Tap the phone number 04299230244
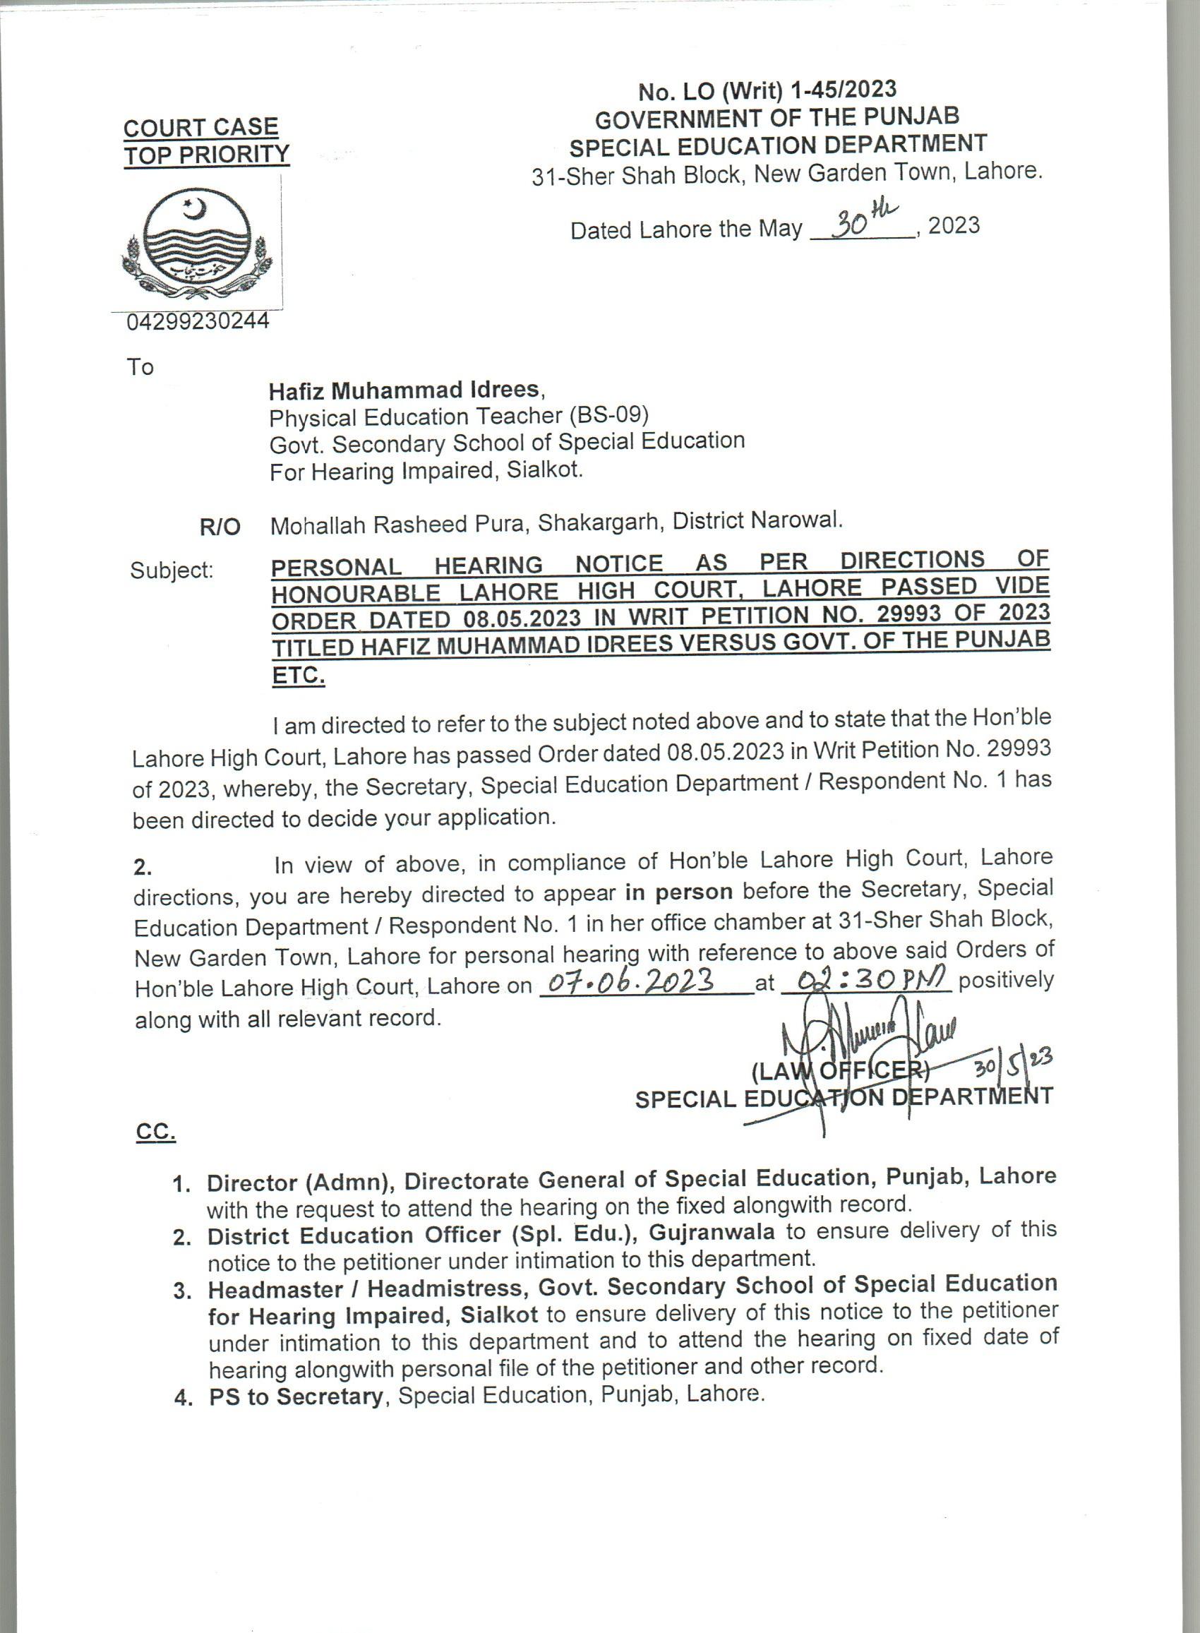pyautogui.click(x=198, y=321)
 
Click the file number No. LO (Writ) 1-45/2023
pyautogui.click(x=767, y=91)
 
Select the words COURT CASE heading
pyautogui.click(x=201, y=128)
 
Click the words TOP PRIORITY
pyautogui.click(x=206, y=155)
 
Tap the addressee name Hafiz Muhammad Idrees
pyautogui.click(x=404, y=391)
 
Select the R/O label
pyautogui.click(x=220, y=527)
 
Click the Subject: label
pyautogui.click(x=172, y=571)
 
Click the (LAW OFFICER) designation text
pyautogui.click(x=840, y=1071)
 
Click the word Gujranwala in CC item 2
pyautogui.click(x=712, y=1232)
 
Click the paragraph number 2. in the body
pyautogui.click(x=143, y=868)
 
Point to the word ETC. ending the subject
pyautogui.click(x=298, y=676)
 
